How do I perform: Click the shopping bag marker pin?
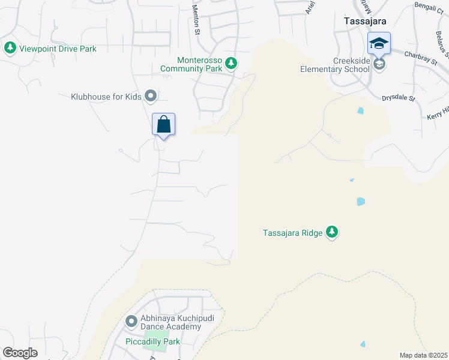coord(163,125)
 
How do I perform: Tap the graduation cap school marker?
coord(379,44)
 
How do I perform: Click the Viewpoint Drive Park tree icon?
coord(10,47)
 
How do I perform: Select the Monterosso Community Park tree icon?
coord(231,63)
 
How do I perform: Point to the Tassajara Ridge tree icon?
coord(332,232)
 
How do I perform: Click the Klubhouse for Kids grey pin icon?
coord(151,95)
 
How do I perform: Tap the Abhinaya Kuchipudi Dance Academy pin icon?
coord(131,322)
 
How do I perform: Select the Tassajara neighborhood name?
coord(364,20)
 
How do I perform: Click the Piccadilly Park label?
coord(152,341)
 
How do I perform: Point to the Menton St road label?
coord(196,20)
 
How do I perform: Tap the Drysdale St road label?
coord(399,97)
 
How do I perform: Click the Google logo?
coord(20,352)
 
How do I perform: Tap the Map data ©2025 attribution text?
coord(423,355)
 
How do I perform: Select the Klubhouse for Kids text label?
coord(106,95)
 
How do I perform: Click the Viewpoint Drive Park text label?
coord(58,48)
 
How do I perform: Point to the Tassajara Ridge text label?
coord(292,233)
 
